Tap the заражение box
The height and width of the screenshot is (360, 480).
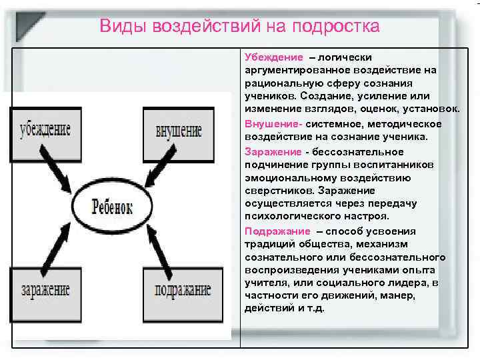(45, 289)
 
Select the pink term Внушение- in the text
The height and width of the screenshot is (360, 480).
(274, 123)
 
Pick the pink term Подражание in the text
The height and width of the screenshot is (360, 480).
(277, 231)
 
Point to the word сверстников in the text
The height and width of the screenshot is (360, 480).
(274, 191)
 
